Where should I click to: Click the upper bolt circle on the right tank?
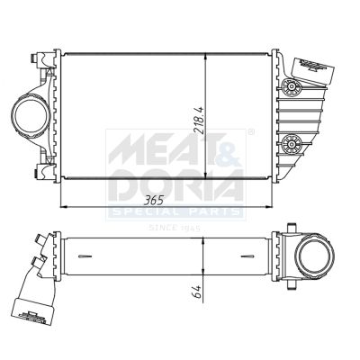[291, 86]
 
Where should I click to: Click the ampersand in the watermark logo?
[230, 148]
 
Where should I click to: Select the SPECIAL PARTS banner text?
[175, 211]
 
